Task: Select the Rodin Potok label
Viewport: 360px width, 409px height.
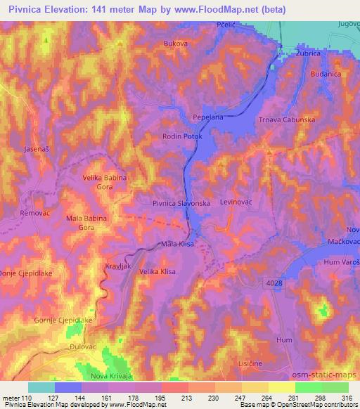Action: [x=181, y=137]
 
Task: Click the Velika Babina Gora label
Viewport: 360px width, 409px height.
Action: [x=105, y=182]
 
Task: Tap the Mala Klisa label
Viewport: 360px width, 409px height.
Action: [x=177, y=244]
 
